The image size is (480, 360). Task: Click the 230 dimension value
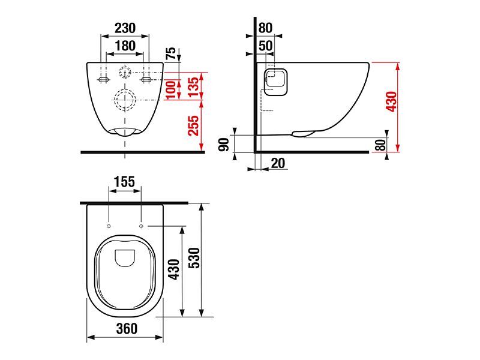125,28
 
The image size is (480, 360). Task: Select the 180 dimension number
125,46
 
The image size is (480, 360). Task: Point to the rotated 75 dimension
171,53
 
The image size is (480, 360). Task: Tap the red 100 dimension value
171,89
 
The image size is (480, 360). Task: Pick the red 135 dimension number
194,87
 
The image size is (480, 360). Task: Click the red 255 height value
193,125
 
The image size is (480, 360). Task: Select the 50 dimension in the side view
265,46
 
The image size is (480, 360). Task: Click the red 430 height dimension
392,101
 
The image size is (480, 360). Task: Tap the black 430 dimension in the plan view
175,269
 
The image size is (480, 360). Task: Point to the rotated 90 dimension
224,145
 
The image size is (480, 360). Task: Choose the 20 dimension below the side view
278,163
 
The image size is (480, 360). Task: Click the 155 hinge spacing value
125,182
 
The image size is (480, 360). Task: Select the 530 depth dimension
194,258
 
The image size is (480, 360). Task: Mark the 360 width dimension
127,329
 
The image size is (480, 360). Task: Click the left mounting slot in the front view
103,80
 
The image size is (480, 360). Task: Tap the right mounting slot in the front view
146,80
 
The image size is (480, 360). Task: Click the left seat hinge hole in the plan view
109,226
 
